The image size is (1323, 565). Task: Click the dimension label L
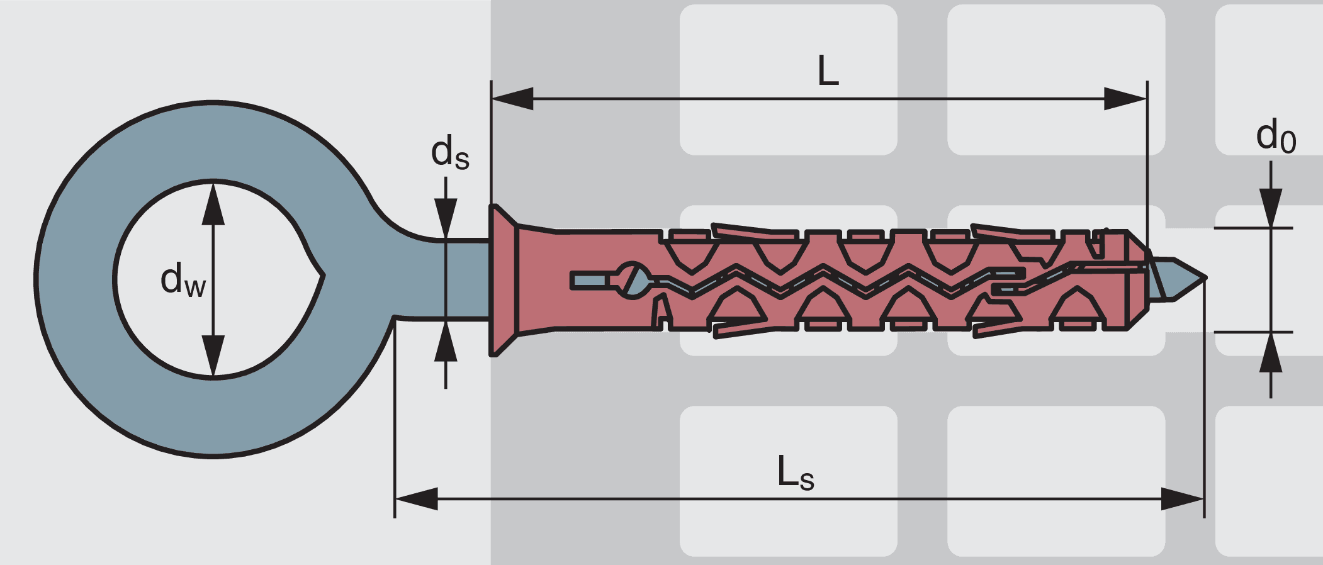pos(828,71)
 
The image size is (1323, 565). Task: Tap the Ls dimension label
pos(795,473)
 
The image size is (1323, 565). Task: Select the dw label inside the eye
pos(183,280)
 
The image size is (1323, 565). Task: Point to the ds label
pos(449,153)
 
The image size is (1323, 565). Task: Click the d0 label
pos(1275,137)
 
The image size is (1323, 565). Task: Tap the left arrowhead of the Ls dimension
pos(416,499)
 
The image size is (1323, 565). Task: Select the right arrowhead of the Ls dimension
pos(1183,499)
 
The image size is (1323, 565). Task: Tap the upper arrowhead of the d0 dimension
pos(1271,208)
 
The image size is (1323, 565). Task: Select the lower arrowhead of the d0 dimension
pos(1271,352)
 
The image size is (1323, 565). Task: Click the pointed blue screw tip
pos(1186,277)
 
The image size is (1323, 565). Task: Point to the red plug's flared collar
pos(504,280)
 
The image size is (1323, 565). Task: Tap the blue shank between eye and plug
pos(466,280)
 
